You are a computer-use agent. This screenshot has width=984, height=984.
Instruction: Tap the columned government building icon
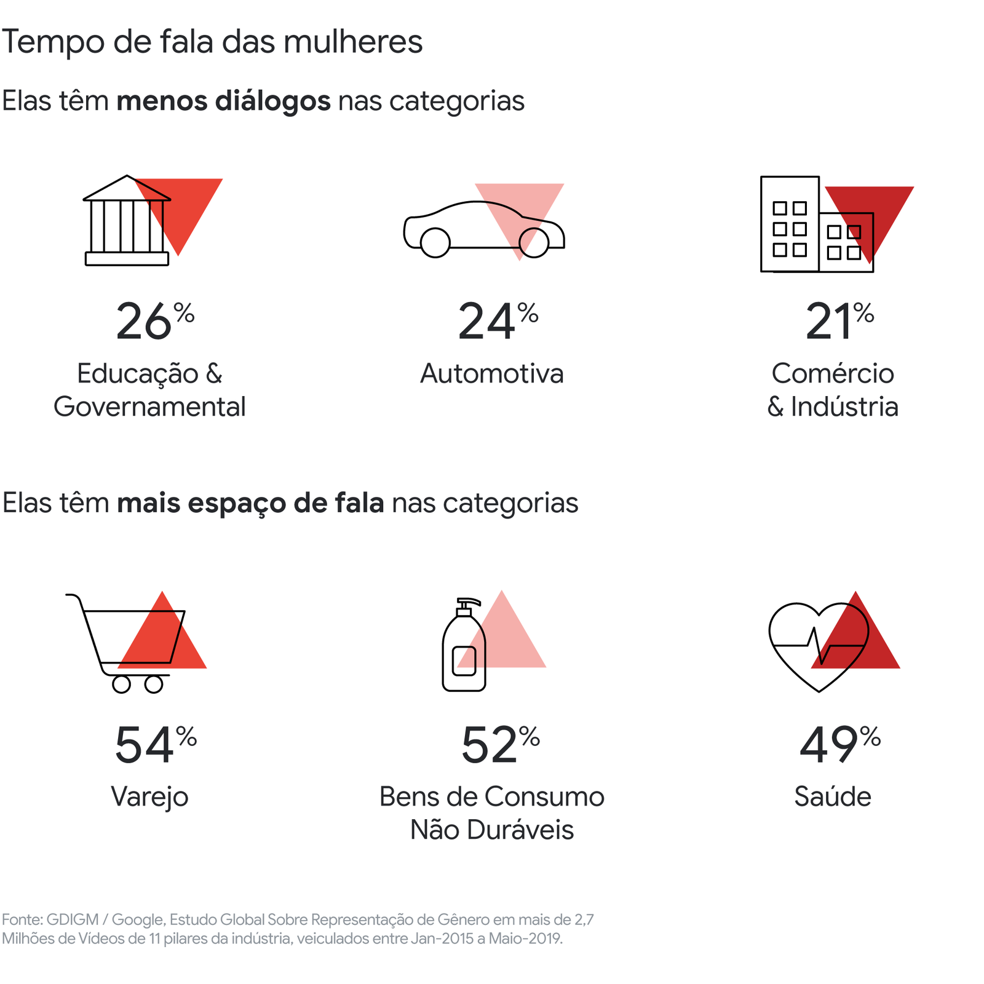coord(127,221)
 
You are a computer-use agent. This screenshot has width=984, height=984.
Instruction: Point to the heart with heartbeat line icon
coord(818,646)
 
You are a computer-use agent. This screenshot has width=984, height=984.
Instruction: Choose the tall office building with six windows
coord(790,224)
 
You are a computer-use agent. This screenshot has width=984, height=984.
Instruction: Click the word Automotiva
coord(491,374)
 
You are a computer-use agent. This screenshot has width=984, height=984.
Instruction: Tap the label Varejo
coord(149,797)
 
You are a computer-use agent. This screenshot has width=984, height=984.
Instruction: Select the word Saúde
coord(833,797)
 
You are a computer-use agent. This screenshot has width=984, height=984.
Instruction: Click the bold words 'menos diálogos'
coord(224,101)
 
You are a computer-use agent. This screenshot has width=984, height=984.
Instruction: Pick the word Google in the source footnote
coord(138,919)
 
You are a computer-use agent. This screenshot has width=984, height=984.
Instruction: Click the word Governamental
coord(149,407)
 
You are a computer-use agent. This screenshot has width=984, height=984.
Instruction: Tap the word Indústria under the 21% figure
coord(844,407)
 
